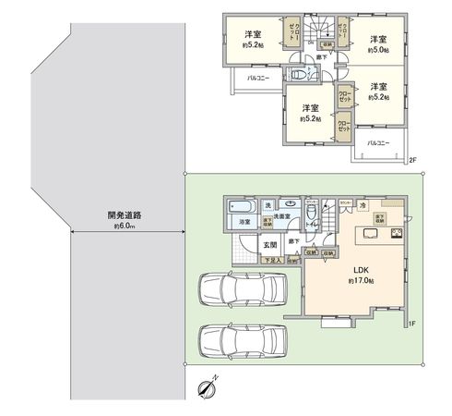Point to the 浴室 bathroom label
pos(246,222)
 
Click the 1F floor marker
pos(413,323)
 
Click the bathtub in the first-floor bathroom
pos(240,206)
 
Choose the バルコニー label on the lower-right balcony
pos(379,143)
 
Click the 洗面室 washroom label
pos(282,215)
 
